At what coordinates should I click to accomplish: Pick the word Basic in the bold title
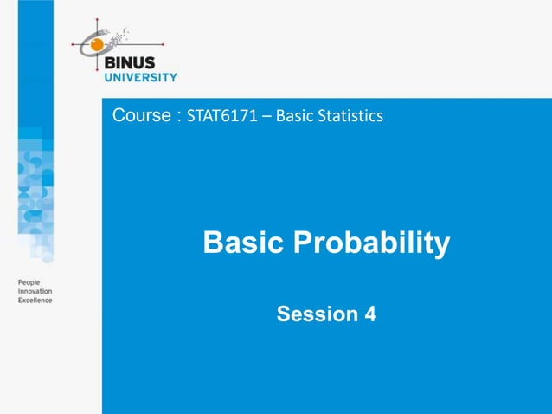[241, 244]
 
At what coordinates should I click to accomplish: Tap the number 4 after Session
[370, 314]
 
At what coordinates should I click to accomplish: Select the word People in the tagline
[29, 284]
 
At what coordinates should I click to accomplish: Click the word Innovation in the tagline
[35, 292]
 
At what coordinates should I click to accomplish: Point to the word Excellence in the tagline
[35, 301]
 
